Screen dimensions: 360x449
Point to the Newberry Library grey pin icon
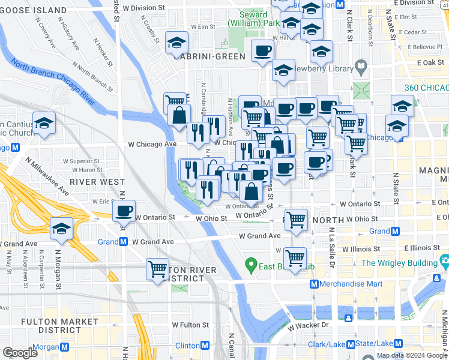point(361,65)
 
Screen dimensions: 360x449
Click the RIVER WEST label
point(97,181)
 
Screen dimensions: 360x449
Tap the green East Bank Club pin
point(251,264)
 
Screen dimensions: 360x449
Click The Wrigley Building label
point(399,263)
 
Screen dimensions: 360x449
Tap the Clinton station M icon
point(205,346)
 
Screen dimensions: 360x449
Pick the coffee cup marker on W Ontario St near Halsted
point(124,212)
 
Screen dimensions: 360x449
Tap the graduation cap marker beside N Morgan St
point(61,229)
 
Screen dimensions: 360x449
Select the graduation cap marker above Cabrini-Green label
point(177,43)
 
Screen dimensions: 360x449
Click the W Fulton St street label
point(190,325)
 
